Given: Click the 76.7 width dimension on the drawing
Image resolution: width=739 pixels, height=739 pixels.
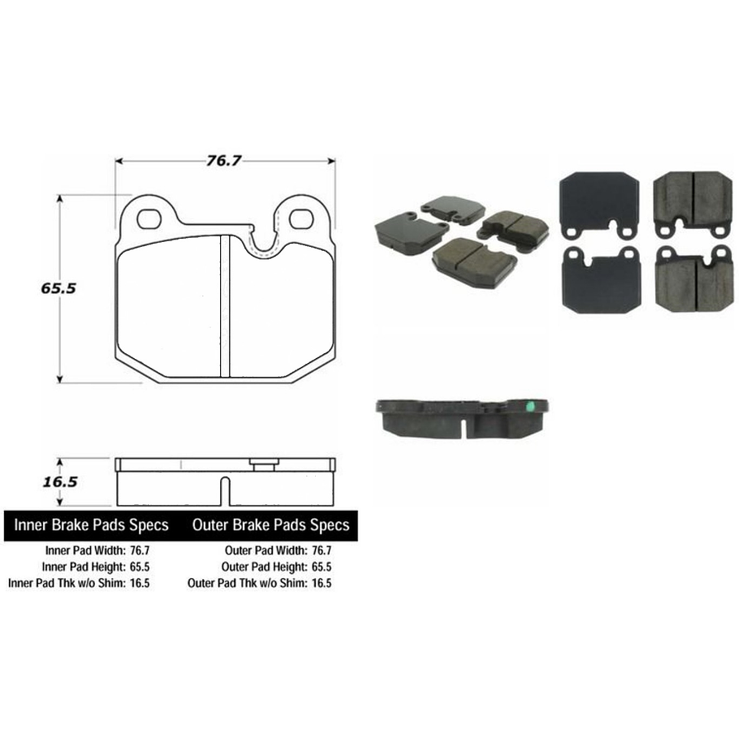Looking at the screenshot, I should (224, 161).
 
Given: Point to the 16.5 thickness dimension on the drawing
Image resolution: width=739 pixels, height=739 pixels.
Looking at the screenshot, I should (58, 482).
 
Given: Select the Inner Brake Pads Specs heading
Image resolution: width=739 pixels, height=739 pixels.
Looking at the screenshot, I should (91, 525).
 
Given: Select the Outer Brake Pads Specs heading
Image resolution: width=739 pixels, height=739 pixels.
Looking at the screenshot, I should (270, 525).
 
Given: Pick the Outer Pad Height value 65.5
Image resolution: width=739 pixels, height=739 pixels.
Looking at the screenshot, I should (319, 567).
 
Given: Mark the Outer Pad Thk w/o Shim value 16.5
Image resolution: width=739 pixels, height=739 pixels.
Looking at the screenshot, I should (319, 583).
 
